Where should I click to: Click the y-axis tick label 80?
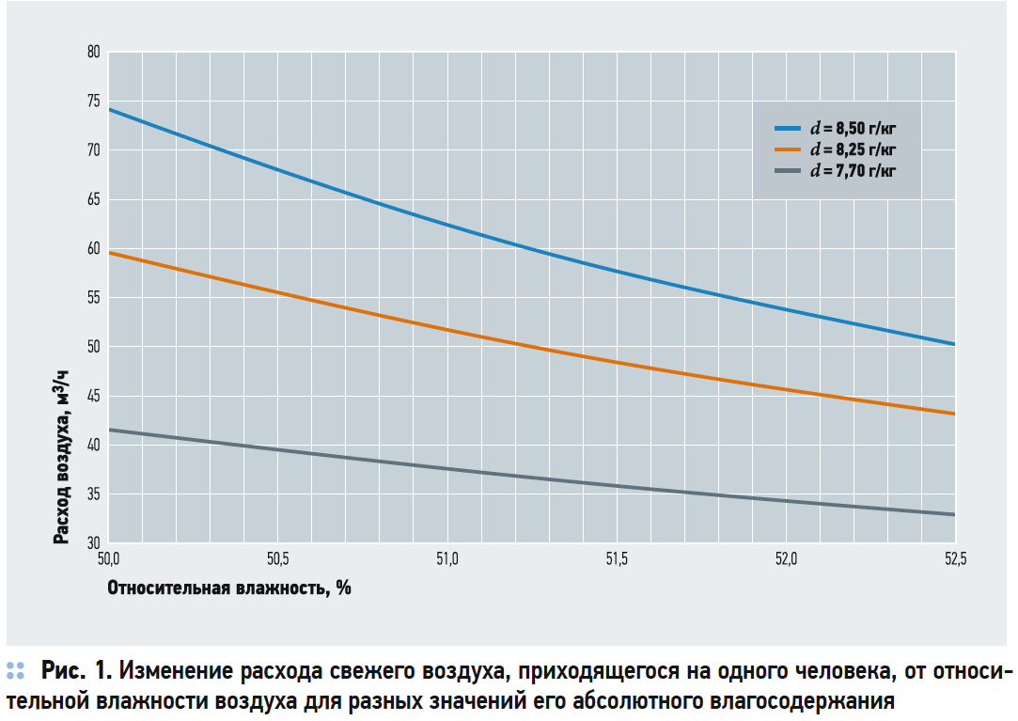click(93, 53)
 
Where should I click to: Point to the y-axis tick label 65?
click(93, 200)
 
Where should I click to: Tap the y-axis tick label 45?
click(93, 397)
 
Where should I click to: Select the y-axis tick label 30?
click(93, 543)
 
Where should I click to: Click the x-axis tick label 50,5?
click(277, 560)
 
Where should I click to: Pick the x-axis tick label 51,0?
click(446, 560)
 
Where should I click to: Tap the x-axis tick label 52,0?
click(786, 560)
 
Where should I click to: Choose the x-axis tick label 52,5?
click(954, 560)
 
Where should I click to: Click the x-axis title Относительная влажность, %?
click(229, 588)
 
